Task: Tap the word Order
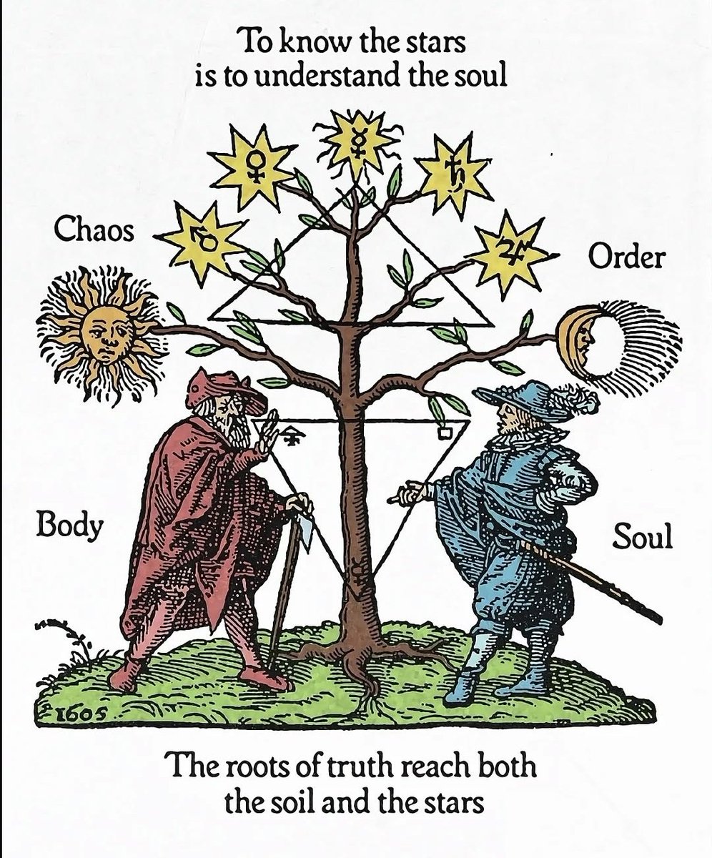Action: point(625,257)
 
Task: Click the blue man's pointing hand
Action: point(409,492)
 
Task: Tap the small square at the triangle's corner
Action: point(445,432)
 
